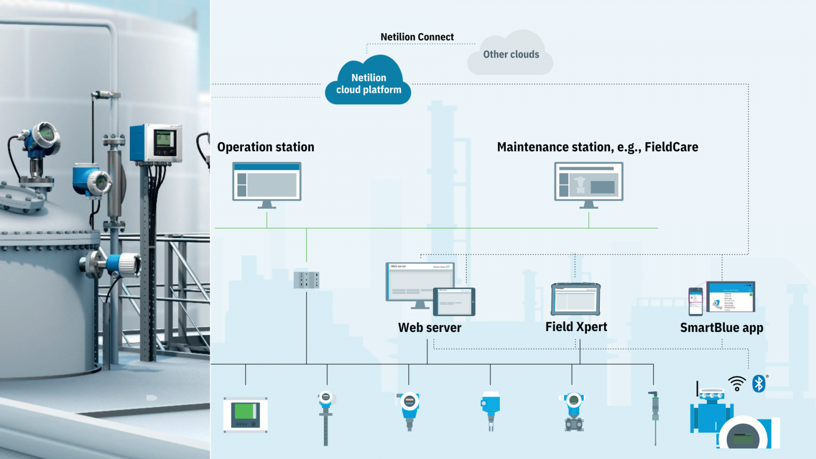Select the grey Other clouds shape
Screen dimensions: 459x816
[511, 55]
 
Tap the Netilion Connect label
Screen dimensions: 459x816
[417, 37]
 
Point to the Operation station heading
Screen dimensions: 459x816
[266, 147]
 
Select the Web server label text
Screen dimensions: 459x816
[429, 327]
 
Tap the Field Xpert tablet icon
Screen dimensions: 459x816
[575, 299]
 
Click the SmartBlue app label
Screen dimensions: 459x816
[721, 327]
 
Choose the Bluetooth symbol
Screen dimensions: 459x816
[759, 384]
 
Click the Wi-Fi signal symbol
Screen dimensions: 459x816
[737, 384]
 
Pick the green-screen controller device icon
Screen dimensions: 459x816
[245, 415]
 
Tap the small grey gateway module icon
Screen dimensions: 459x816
[307, 280]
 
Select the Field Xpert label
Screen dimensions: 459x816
[576, 327]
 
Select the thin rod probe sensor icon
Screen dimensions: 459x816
[655, 416]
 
